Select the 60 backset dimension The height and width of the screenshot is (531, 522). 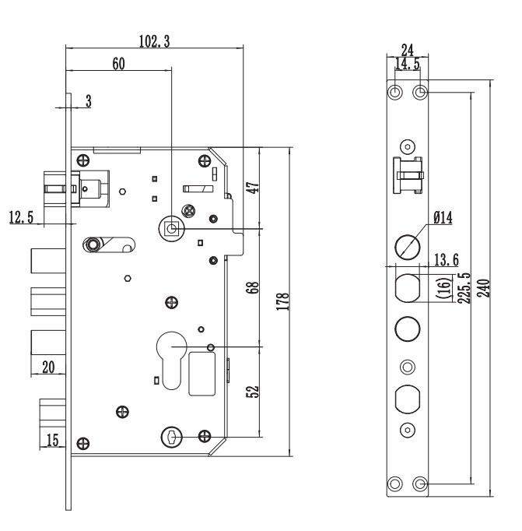118,63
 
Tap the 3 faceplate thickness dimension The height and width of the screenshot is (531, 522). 88,101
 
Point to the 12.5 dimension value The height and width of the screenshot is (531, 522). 21,217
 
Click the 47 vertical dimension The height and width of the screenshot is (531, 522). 254,187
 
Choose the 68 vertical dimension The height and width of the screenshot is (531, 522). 254,287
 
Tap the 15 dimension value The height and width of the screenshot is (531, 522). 53,441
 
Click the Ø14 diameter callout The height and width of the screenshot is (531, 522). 443,219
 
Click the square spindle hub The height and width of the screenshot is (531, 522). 171,229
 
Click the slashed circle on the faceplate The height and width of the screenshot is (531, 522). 407,248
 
